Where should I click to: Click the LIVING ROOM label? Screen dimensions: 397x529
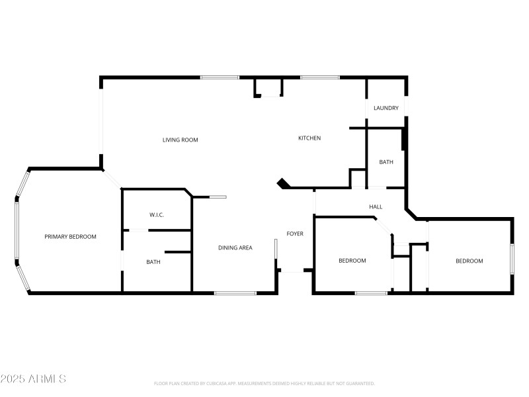click(181, 140)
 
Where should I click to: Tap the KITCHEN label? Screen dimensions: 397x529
click(309, 138)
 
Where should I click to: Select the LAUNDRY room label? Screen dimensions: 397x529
click(386, 108)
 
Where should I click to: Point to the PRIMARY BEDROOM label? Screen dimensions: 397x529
click(71, 237)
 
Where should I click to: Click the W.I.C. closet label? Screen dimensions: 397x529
click(157, 215)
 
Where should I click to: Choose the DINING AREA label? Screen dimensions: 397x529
click(235, 248)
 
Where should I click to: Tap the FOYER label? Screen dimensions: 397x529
click(295, 234)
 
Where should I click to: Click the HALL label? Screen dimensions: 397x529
click(376, 207)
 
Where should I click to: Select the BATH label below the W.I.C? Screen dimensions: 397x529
click(153, 262)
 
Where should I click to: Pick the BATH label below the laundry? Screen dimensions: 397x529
click(386, 162)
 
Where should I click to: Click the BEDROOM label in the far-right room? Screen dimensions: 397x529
click(469, 261)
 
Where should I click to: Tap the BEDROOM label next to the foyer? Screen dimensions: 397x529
click(352, 261)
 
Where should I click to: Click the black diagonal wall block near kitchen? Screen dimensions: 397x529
click(283, 183)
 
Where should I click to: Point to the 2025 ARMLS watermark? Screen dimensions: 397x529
click(33, 379)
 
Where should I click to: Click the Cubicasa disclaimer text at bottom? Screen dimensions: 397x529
click(264, 384)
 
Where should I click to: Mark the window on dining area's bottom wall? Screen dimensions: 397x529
click(235, 292)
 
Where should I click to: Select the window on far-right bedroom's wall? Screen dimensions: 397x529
click(511, 258)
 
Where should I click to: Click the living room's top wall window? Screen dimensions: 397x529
click(220, 77)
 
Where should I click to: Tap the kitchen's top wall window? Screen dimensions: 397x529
click(320, 77)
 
